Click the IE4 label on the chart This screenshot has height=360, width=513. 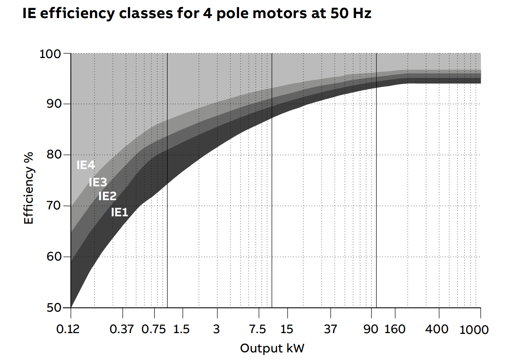point(86,165)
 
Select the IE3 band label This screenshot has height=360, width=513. point(98,182)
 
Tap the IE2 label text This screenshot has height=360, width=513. point(107,196)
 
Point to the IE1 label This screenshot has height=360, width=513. point(120,212)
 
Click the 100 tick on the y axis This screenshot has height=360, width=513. point(50,54)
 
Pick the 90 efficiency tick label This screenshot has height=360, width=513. point(53,104)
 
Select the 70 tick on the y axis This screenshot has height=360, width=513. point(53,206)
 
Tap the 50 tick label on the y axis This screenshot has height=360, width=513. point(53,308)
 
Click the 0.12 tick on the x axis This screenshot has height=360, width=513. point(68,329)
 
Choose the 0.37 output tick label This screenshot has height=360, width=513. point(122,329)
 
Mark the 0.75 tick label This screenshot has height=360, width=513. point(153,329)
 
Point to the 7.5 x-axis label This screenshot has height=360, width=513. point(257,329)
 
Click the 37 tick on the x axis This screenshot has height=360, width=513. point(330,329)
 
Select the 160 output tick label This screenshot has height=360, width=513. point(395,329)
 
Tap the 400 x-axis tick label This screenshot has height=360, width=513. point(437,329)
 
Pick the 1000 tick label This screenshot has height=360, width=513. point(474,330)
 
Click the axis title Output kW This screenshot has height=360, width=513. point(272,348)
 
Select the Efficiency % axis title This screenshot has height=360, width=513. point(29,188)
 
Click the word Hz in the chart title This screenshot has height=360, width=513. point(361,13)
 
